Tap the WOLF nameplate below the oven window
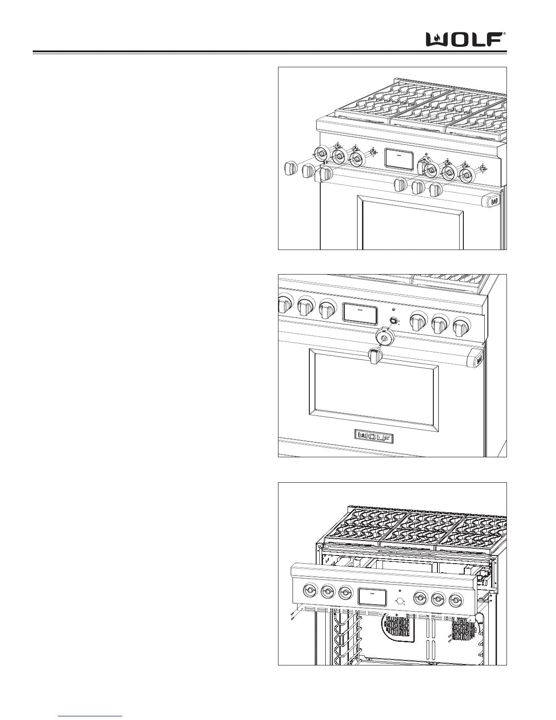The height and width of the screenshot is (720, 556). [374, 437]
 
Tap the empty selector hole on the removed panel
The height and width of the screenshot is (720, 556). [400, 601]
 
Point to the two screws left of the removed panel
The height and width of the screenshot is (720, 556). [292, 616]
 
